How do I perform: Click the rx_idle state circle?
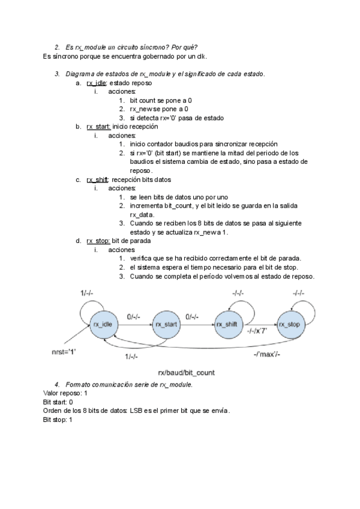click(103, 324)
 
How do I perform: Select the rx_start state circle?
click(167, 324)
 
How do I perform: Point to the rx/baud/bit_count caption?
click(186, 373)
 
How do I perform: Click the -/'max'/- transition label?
click(266, 355)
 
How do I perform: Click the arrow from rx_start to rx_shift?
click(198, 325)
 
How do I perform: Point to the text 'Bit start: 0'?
click(58, 402)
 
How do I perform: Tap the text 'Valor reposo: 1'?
click(65, 393)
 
